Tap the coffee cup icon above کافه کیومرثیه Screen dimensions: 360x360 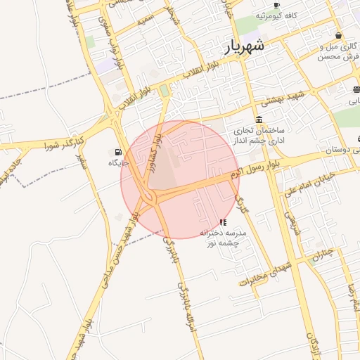pyautogui.click(x=276, y=5)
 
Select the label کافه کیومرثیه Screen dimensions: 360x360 pyautogui.click(x=276, y=15)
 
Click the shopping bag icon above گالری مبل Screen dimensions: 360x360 pyautogui.click(x=338, y=35)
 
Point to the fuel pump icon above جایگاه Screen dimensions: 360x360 pyautogui.click(x=117, y=152)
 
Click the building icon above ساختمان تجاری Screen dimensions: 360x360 pyautogui.click(x=259, y=120)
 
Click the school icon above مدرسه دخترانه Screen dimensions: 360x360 pyautogui.click(x=223, y=222)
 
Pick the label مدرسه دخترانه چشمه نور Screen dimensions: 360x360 pyautogui.click(x=222, y=238)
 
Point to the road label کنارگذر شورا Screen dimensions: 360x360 pyautogui.click(x=64, y=145)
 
